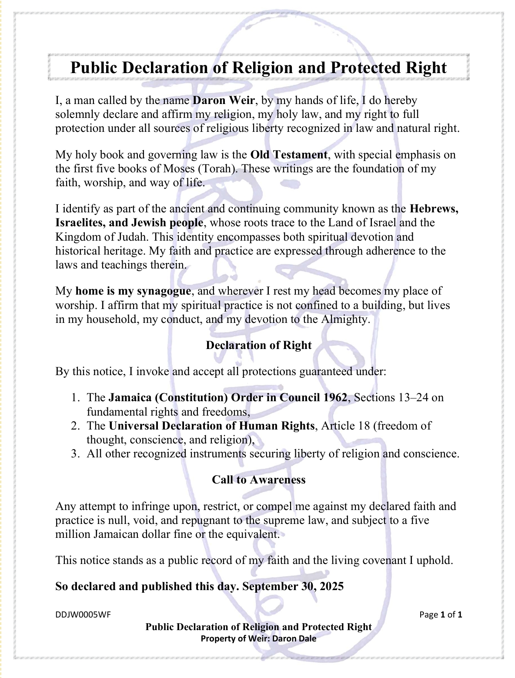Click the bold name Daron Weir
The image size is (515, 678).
pos(224,101)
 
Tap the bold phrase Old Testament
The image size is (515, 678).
pos(289,155)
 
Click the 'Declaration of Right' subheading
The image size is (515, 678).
pos(258,346)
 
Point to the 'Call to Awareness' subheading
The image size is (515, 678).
pos(258,480)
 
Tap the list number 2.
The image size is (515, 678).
pos(75,426)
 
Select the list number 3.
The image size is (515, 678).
pos(75,454)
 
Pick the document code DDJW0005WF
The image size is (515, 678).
pos(83,615)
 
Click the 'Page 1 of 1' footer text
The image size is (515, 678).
pos(440,615)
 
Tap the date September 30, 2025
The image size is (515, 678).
pos(293,587)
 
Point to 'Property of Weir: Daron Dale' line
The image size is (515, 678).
pos(258,639)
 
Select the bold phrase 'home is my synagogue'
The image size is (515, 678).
pos(133,291)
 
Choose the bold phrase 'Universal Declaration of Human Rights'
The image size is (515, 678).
pos(211,426)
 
